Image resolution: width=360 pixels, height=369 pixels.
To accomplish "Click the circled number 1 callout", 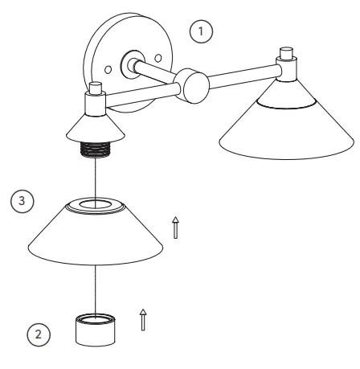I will pos(202,31).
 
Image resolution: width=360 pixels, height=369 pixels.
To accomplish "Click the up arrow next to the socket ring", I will pos(144,319).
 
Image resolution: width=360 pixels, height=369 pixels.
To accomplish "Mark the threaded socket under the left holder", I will pos(96,149).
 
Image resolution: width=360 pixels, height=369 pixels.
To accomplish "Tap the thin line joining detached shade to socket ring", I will pos(96,289).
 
